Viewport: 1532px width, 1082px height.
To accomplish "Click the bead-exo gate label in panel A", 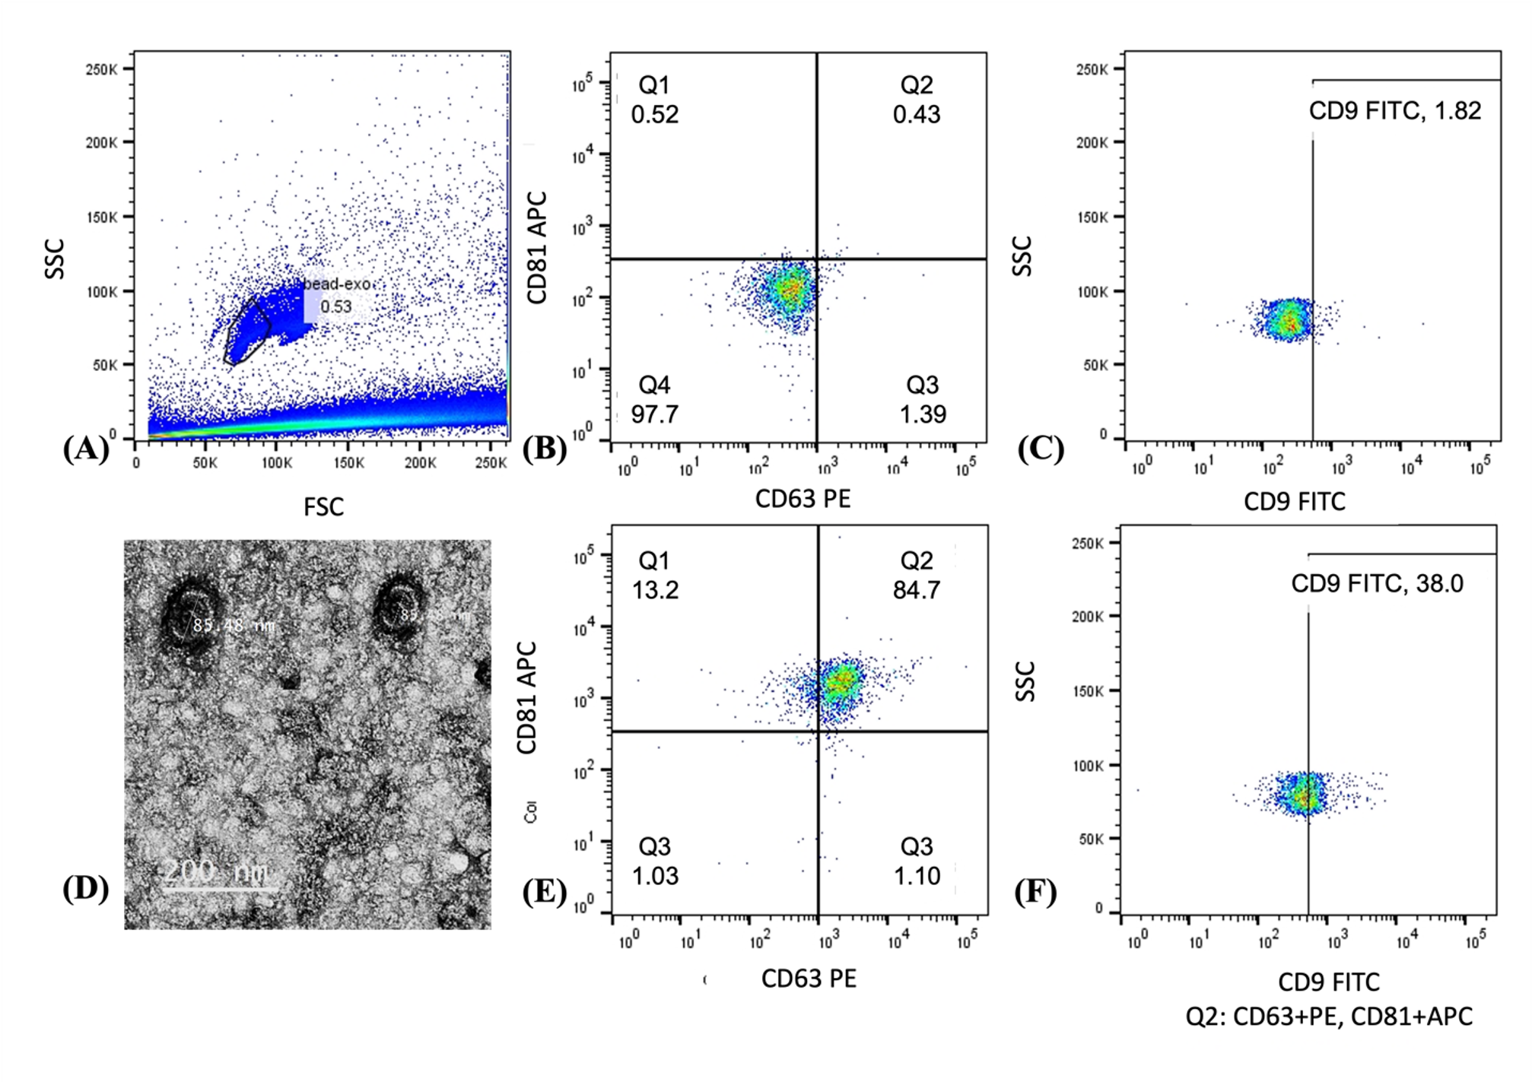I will pyautogui.click(x=337, y=284).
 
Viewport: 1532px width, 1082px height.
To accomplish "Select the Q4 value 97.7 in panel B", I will pyautogui.click(x=654, y=414).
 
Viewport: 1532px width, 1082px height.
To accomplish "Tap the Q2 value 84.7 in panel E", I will pyautogui.click(x=917, y=590).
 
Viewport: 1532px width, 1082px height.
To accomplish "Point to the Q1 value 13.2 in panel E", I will pyautogui.click(x=655, y=590).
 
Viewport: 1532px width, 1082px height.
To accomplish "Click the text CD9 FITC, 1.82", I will pyautogui.click(x=1394, y=111).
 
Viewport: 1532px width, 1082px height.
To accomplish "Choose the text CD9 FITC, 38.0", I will pyautogui.click(x=1377, y=584).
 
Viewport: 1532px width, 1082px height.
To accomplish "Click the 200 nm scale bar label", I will pyautogui.click(x=218, y=871).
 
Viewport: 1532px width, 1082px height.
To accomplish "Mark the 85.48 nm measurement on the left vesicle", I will pyautogui.click(x=233, y=626).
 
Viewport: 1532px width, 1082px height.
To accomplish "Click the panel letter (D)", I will pyautogui.click(x=85, y=888).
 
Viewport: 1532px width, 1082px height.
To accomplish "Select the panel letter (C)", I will pyautogui.click(x=1040, y=449).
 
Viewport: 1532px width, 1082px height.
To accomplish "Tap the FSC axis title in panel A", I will pyautogui.click(x=323, y=507).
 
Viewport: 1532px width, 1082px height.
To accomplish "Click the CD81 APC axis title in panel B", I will pyautogui.click(x=537, y=248).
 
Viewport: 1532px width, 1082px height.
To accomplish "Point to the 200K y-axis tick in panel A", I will pyautogui.click(x=101, y=142).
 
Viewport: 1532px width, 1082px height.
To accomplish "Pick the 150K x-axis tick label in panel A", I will pyautogui.click(x=348, y=463).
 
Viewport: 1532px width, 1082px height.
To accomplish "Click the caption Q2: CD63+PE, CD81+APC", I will pyautogui.click(x=1328, y=1017).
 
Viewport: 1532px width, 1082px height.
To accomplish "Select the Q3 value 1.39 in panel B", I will pyautogui.click(x=923, y=414).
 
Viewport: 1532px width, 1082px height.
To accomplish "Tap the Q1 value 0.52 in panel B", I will pyautogui.click(x=654, y=115).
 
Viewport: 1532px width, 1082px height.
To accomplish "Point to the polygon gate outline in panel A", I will pyautogui.click(x=247, y=331).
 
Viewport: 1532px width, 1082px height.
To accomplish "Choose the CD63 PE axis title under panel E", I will pyautogui.click(x=808, y=979).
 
